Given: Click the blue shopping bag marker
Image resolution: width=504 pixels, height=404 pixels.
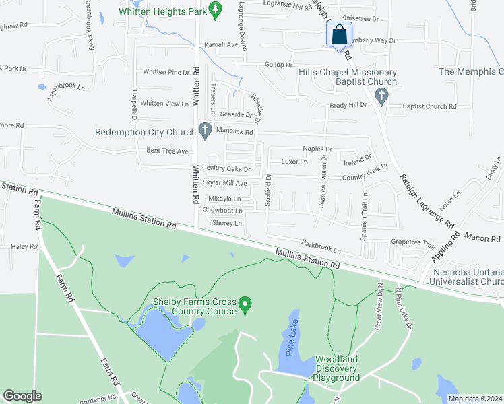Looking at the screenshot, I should (340, 34).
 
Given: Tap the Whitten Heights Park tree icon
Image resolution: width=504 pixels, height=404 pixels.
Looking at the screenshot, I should (215, 9).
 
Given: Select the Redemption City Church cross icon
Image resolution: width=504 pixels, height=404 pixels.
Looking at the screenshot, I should (205, 132).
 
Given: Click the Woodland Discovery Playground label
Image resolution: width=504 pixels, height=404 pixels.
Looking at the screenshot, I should (336, 369).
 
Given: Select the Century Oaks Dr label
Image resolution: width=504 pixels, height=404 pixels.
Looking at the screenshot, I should (226, 169).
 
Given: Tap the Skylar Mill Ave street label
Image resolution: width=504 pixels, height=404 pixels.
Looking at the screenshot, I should (225, 183).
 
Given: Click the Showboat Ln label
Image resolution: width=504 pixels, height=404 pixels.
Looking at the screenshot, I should (222, 211).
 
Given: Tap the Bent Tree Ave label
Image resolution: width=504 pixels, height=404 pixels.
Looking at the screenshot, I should (168, 151).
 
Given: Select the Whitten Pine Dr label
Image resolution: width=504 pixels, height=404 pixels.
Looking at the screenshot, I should (166, 72).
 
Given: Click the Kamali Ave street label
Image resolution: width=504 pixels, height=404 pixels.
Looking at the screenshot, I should (222, 44).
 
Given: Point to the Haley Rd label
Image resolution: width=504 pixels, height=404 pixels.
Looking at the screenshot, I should (24, 247).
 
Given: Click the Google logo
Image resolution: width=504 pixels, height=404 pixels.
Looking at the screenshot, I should (22, 395).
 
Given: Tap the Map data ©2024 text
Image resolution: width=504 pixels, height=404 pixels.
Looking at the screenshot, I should (475, 399).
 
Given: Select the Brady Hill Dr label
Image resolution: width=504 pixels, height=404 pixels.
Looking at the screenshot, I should (348, 105).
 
